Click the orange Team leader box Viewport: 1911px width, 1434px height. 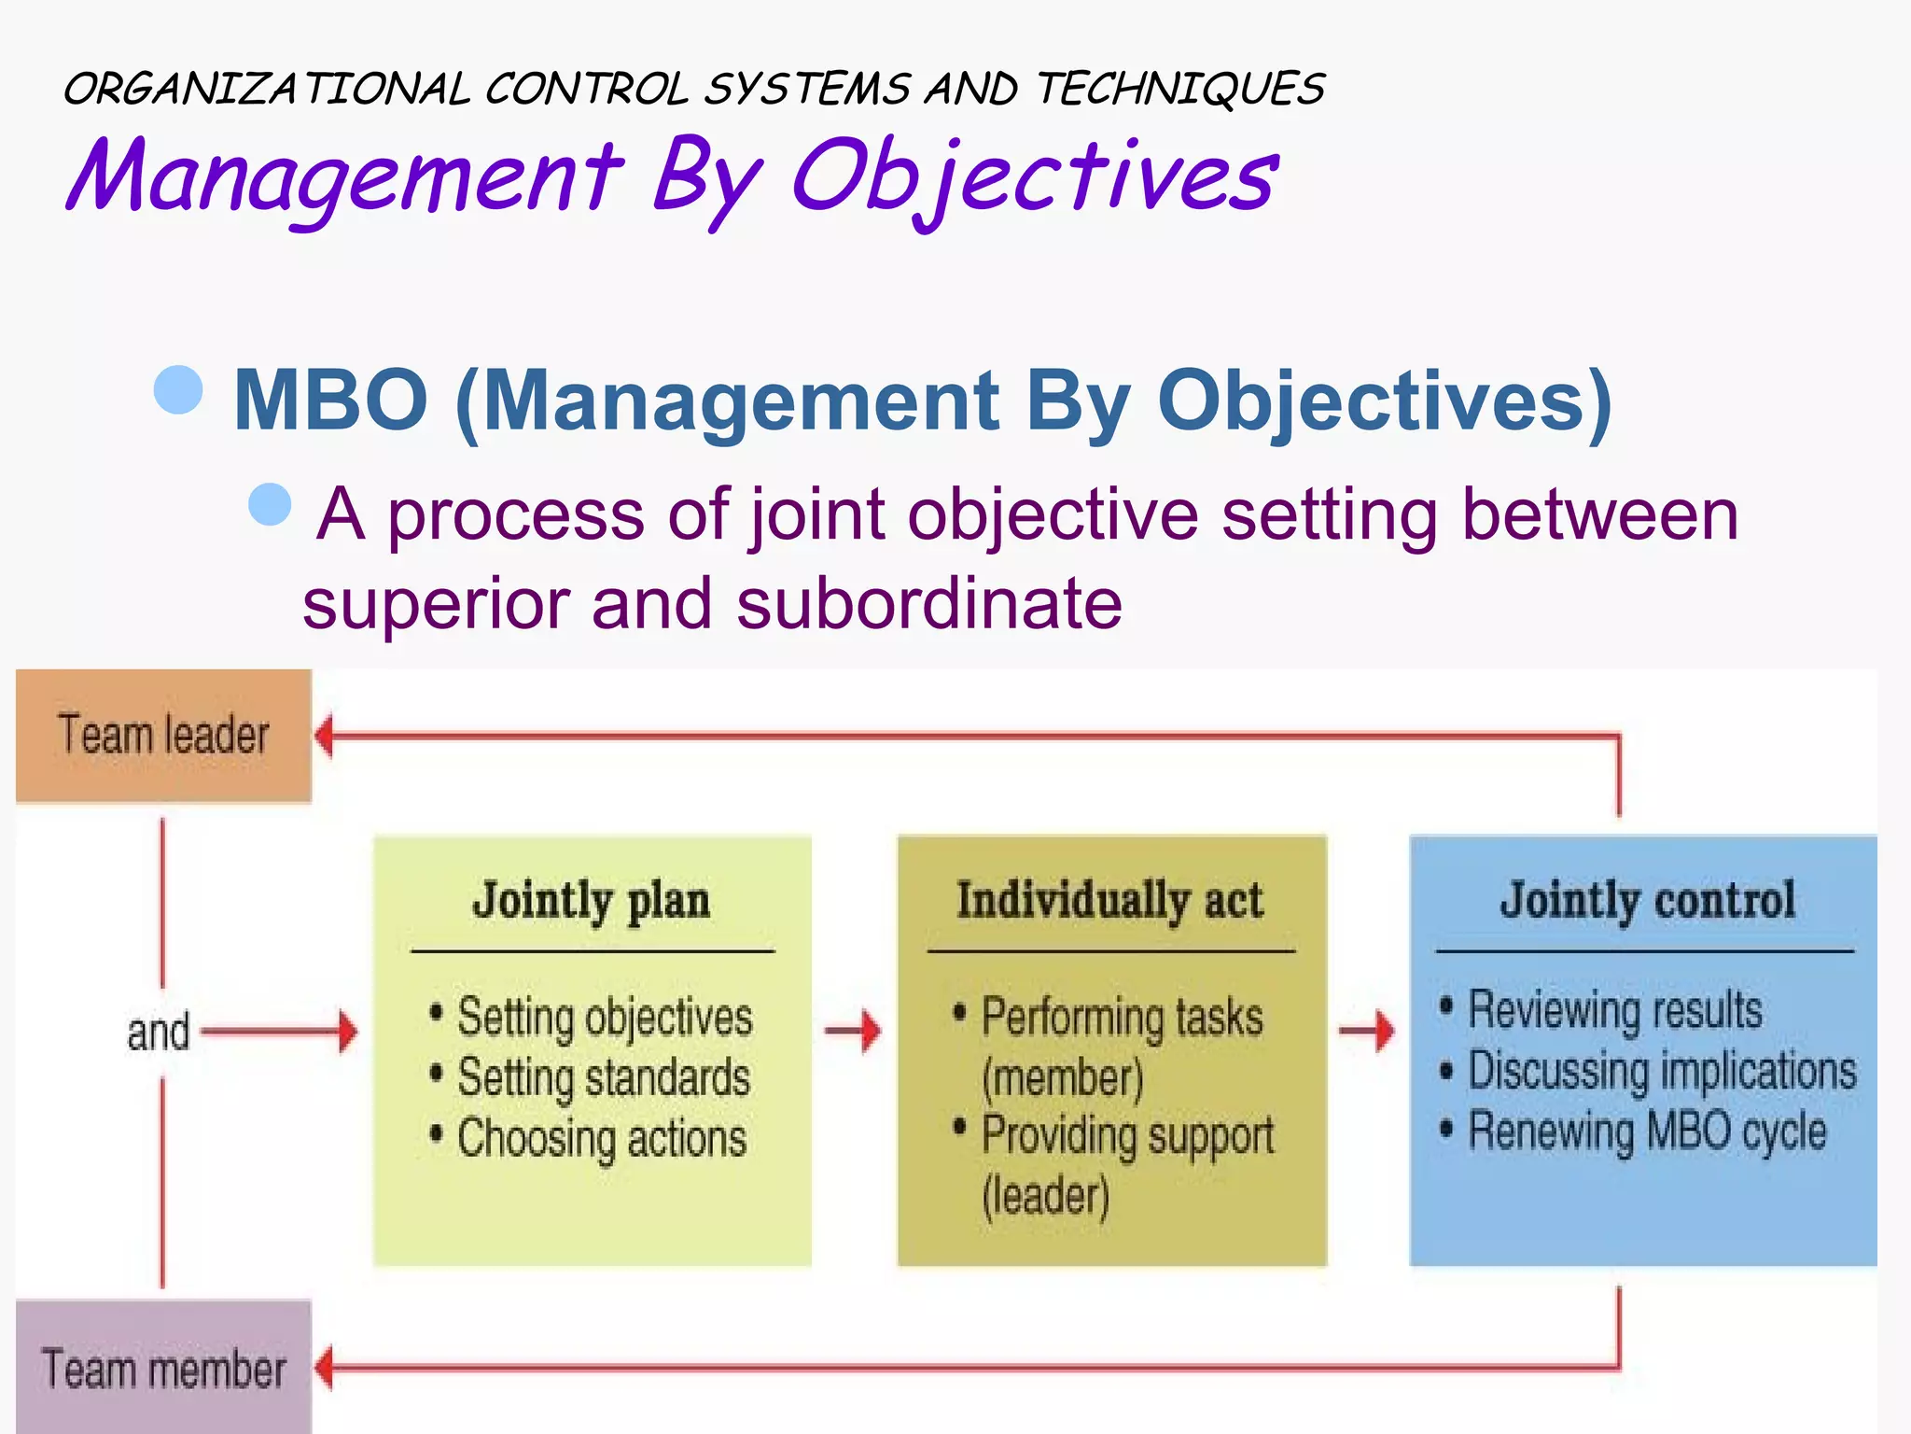163,735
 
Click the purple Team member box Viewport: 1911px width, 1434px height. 163,1368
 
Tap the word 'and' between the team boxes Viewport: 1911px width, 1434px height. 158,1033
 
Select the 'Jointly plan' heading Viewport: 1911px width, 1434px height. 591,901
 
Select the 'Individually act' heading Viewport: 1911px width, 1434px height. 1109,901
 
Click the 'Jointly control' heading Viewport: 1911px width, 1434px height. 1647,901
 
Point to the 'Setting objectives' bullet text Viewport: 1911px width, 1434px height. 604,1017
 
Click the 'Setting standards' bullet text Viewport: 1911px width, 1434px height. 603,1077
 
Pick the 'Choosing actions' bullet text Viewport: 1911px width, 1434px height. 601,1139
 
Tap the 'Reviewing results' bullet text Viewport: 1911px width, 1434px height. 1614,1010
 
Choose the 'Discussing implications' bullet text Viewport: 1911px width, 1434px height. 1661,1071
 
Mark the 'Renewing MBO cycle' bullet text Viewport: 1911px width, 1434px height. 1646,1132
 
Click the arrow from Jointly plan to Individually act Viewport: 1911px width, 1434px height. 854,1031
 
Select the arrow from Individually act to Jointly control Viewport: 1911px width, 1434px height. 1368,1031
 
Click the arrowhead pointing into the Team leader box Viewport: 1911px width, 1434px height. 324,736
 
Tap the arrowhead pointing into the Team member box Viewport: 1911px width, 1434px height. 324,1368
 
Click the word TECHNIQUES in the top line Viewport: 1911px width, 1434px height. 1180,90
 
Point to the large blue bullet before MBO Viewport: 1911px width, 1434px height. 178,388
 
